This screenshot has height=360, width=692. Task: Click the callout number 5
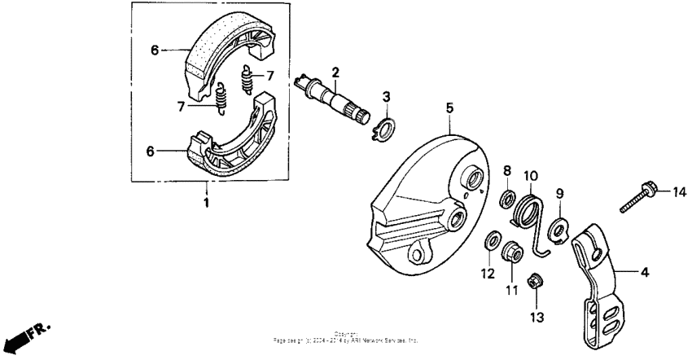click(x=449, y=107)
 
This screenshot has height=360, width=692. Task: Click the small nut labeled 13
click(x=537, y=281)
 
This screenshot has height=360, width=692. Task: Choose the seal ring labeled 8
click(x=506, y=200)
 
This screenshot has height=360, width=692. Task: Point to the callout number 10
click(x=530, y=175)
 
